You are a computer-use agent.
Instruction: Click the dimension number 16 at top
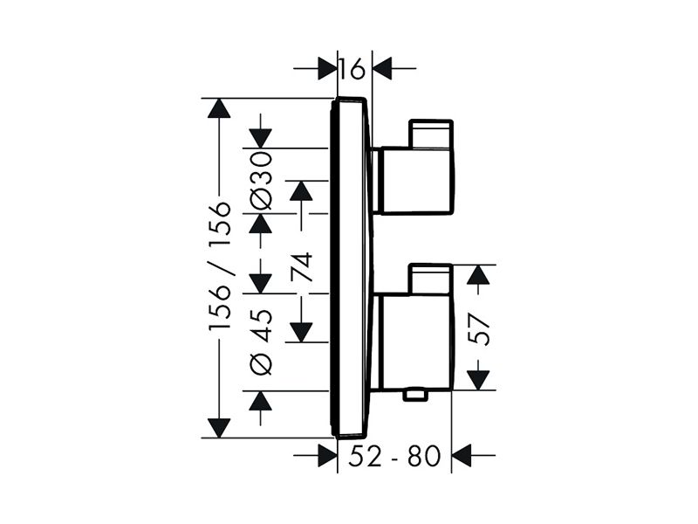point(352,69)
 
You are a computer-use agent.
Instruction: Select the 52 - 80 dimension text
point(394,455)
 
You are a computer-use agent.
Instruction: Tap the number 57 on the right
point(479,329)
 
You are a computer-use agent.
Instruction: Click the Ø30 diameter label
point(261,180)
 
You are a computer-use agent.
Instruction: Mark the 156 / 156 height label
point(220,266)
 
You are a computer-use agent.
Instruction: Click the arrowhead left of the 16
point(327,69)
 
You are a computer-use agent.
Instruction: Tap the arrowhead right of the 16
point(382,69)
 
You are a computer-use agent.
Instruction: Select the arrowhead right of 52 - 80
point(462,455)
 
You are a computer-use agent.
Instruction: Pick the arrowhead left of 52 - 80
point(327,455)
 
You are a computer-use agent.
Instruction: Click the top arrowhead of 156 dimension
point(219,107)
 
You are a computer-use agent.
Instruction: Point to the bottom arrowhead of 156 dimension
point(219,428)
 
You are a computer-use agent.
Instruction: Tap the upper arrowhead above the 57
point(478,274)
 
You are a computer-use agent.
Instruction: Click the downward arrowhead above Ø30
point(260,138)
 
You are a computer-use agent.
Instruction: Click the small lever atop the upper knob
point(431,134)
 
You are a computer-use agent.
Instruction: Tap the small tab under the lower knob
point(415,395)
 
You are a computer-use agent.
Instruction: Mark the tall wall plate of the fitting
point(352,266)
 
